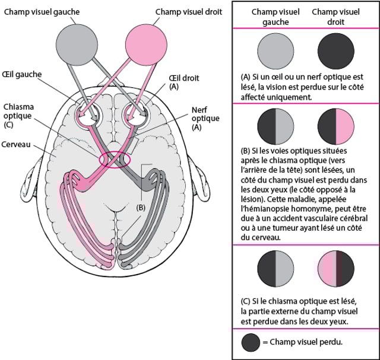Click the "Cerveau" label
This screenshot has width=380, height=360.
(x=18, y=144)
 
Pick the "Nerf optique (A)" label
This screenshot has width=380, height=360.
(x=205, y=118)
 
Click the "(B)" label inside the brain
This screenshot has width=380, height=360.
(x=140, y=207)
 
